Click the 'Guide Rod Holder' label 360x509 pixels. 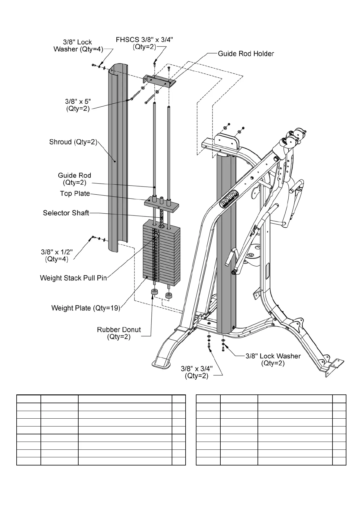click(x=246, y=54)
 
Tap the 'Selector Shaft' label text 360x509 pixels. click(x=66, y=213)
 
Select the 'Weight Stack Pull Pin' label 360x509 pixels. click(x=73, y=278)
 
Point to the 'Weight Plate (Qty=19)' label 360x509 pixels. click(x=86, y=308)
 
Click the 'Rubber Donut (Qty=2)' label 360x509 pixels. click(x=119, y=333)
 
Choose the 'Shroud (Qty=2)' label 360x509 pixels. click(x=73, y=142)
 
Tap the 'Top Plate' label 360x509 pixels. click(x=75, y=194)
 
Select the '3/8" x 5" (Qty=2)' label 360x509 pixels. click(x=78, y=105)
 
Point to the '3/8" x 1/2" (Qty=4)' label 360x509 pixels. click(x=57, y=255)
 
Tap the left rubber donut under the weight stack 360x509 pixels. click(x=155, y=293)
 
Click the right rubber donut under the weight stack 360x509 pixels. click(x=168, y=295)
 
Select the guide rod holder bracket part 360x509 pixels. click(x=159, y=81)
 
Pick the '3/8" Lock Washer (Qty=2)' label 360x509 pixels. click(x=273, y=360)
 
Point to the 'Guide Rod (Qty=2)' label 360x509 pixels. click(x=74, y=179)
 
